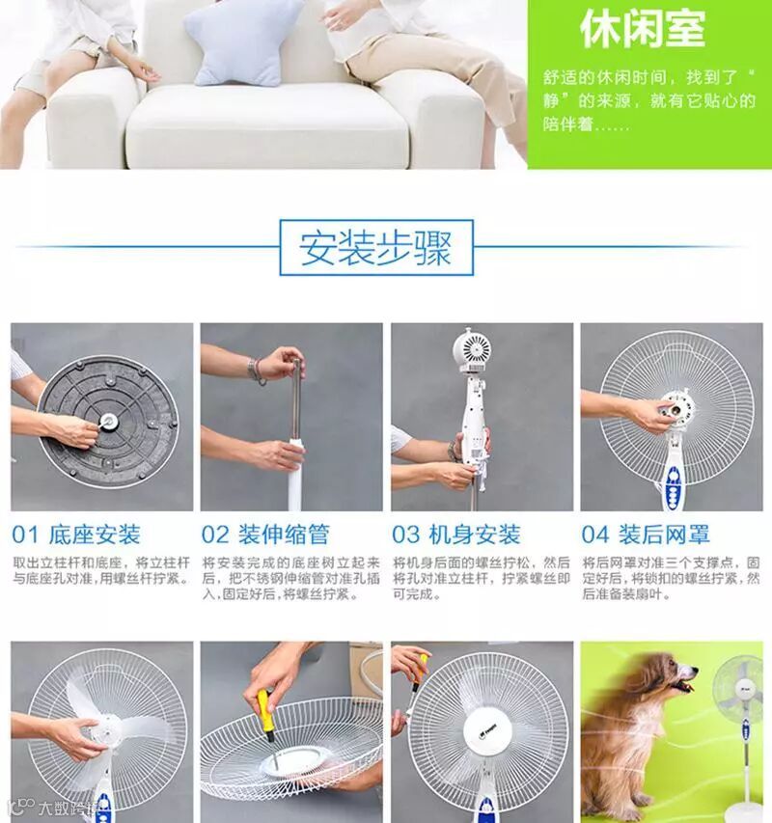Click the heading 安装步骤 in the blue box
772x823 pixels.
click(375, 248)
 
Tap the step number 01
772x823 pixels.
click(25, 535)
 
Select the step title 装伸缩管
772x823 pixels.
click(284, 535)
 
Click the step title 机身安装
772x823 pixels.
click(475, 535)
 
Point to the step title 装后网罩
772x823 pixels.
click(665, 535)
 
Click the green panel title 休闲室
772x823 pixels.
click(643, 29)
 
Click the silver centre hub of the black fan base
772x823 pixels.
click(109, 421)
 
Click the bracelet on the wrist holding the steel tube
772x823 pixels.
click(256, 371)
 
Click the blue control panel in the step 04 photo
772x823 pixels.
click(674, 486)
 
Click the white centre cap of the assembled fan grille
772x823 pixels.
click(488, 731)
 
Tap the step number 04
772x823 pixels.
click(595, 535)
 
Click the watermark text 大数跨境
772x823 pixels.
click(69, 809)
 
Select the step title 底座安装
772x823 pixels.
click(95, 535)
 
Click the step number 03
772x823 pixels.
click(405, 535)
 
